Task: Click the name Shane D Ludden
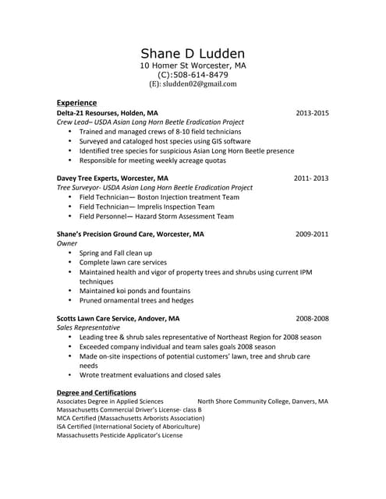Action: pos(193,53)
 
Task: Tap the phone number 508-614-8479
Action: pos(199,75)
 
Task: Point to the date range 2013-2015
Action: pos(312,113)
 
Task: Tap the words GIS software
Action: pos(226,141)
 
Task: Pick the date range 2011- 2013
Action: pos(311,178)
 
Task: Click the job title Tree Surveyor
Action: pos(83,188)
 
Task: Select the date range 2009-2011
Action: pos(312,234)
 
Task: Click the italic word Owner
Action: pos(67,243)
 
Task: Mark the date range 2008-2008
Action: pos(312,318)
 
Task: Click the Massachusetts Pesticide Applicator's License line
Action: pos(119,435)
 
